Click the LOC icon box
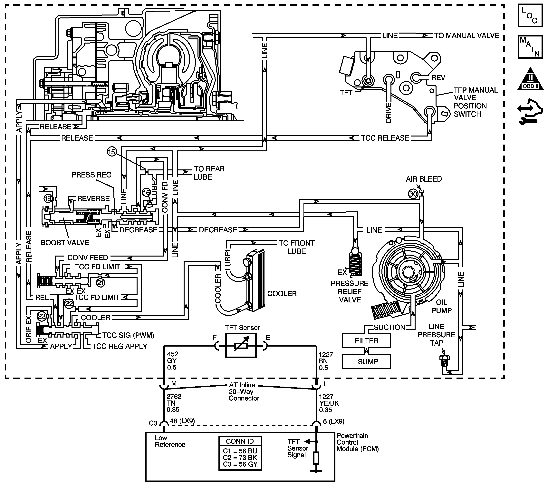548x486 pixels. click(531, 15)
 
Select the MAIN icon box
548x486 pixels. click(531, 47)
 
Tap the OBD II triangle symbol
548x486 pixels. click(531, 79)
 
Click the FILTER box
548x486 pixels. click(367, 341)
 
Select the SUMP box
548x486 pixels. click(367, 361)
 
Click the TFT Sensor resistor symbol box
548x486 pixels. click(241, 346)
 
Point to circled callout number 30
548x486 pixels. click(413, 194)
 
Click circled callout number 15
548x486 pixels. click(111, 152)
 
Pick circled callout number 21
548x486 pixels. click(100, 283)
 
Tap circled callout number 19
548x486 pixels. click(48, 199)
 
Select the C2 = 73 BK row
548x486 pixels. click(240, 458)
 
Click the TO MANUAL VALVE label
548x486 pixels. click(466, 35)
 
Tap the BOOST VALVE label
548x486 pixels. click(65, 243)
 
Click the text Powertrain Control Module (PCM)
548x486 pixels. click(358, 442)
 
